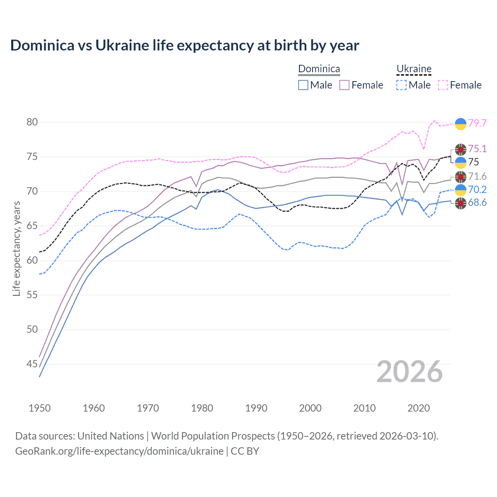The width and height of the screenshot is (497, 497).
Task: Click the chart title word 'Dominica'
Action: tap(42, 45)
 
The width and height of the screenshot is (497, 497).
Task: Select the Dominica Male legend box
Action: tap(303, 85)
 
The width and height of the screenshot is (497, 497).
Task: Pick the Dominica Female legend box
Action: tap(344, 85)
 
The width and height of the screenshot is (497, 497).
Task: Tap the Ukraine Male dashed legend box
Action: tap(401, 85)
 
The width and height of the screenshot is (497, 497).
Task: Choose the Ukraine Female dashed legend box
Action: tap(443, 85)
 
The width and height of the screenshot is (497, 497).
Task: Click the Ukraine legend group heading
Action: tap(414, 69)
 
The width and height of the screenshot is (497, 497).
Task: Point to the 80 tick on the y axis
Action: tap(32, 122)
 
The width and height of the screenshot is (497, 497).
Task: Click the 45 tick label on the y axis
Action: tap(32, 364)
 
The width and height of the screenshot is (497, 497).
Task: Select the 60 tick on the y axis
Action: tap(32, 261)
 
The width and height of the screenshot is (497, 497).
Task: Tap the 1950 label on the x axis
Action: tap(40, 408)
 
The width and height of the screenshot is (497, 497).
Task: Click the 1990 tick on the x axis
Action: tap(256, 408)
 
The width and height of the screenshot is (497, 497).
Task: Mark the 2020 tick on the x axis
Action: tap(419, 408)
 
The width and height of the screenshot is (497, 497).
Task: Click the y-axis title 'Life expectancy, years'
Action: tap(16, 248)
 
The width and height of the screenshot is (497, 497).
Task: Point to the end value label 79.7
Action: tap(477, 123)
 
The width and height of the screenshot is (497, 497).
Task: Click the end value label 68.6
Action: tap(477, 203)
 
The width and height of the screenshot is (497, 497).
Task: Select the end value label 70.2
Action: tap(477, 190)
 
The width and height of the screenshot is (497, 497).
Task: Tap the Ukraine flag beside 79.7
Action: tap(461, 124)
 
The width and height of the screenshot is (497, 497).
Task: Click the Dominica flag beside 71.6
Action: tap(461, 177)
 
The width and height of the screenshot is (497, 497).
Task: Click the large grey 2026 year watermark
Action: tap(410, 372)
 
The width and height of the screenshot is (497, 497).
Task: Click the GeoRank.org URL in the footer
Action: tap(119, 451)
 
